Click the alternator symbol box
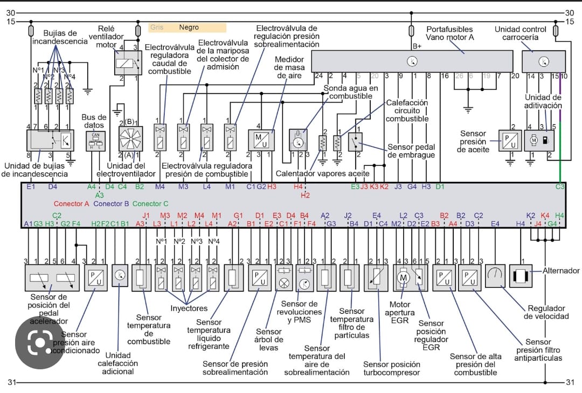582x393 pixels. (521, 276)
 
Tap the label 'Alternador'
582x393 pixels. (561, 271)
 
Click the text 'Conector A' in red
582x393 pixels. (72, 203)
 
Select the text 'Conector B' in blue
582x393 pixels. (111, 203)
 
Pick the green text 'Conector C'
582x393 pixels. (150, 203)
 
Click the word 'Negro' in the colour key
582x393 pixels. (189, 27)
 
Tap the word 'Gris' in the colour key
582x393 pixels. (157, 27)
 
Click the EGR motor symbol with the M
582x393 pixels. (404, 277)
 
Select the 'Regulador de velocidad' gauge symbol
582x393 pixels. (496, 276)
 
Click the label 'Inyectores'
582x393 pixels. (189, 308)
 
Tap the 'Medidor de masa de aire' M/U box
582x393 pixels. (261, 140)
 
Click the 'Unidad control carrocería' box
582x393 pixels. (544, 61)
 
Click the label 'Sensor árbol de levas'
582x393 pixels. (269, 339)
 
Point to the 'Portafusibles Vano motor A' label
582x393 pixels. (449, 33)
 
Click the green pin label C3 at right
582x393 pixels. (560, 187)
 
